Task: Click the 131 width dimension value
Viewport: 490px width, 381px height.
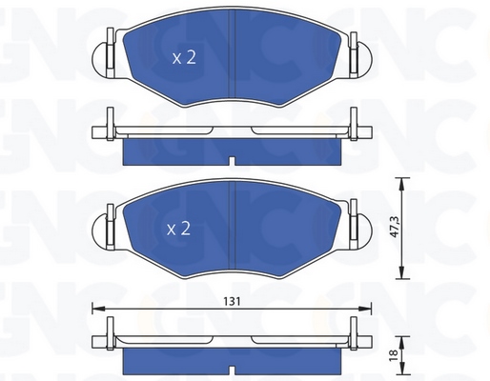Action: (232, 301)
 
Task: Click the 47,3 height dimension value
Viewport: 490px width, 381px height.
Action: (395, 228)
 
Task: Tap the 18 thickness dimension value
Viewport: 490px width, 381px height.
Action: (394, 353)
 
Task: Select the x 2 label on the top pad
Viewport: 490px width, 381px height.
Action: (184, 58)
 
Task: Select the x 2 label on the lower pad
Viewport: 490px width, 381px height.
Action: (178, 229)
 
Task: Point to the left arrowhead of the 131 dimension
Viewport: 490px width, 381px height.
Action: (97, 308)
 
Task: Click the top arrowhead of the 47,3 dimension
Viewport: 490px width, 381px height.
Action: (402, 184)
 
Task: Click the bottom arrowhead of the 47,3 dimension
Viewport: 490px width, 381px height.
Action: (402, 273)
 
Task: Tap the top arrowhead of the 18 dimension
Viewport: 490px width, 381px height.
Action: (402, 341)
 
